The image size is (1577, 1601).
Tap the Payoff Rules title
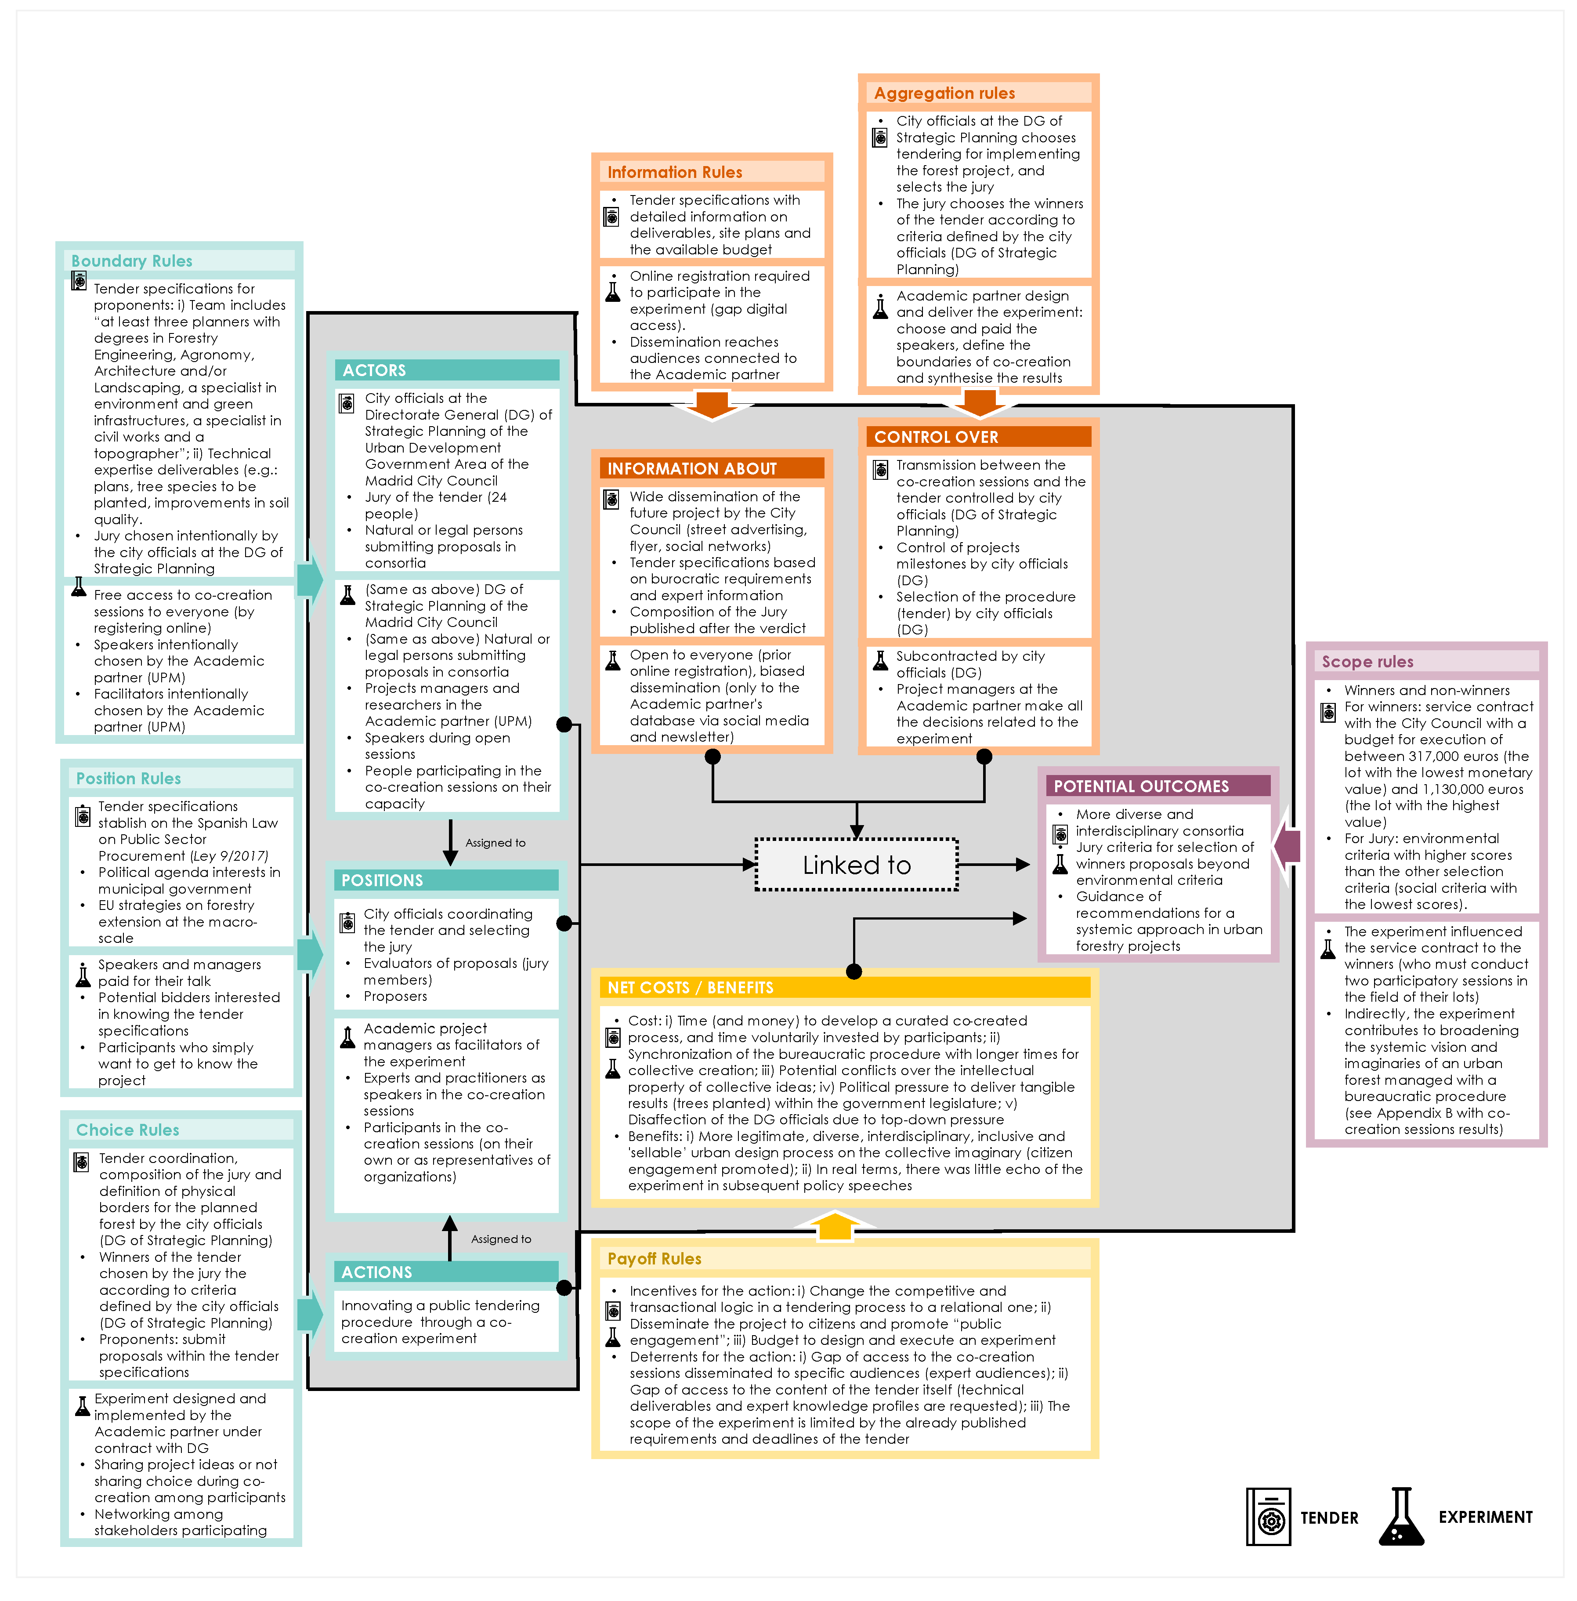(x=655, y=1259)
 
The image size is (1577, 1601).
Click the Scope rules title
(x=1367, y=661)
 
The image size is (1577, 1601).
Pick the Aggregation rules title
(x=944, y=93)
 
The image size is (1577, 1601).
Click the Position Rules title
(x=128, y=779)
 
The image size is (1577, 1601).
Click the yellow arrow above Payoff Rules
(x=835, y=1226)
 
